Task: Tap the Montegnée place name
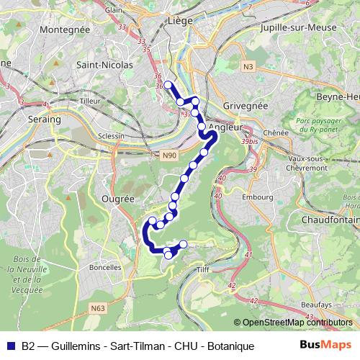[x=66, y=30]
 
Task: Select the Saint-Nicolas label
[x=104, y=65]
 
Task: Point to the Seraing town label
[x=43, y=119]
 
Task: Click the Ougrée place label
[x=119, y=198]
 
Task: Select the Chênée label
[x=275, y=133]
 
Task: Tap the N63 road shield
[x=97, y=308]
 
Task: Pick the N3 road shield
[x=248, y=67]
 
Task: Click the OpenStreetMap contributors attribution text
[x=297, y=323]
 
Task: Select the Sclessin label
[x=110, y=135]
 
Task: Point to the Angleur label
[x=225, y=127]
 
